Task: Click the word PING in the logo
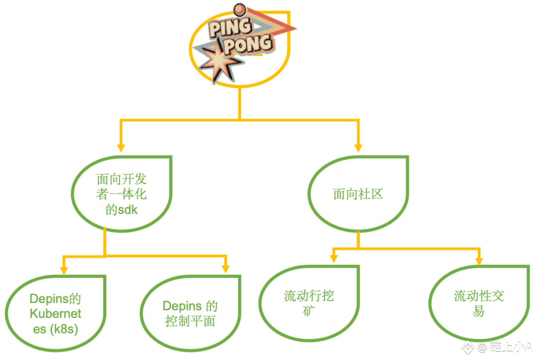pyautogui.click(x=229, y=28)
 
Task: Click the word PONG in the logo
pyautogui.click(x=248, y=45)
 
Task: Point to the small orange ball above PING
pyautogui.click(x=240, y=9)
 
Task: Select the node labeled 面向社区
pyautogui.click(x=358, y=194)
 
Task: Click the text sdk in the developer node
pyautogui.click(x=128, y=210)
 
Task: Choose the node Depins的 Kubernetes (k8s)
pyautogui.click(x=56, y=313)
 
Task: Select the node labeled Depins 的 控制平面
pyautogui.click(x=191, y=313)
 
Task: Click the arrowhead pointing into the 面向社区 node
pyautogui.click(x=358, y=147)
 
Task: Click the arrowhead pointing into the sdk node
pyautogui.click(x=120, y=147)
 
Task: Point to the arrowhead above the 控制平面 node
pyautogui.click(x=226, y=268)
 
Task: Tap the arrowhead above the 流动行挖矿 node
pyautogui.click(x=334, y=258)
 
